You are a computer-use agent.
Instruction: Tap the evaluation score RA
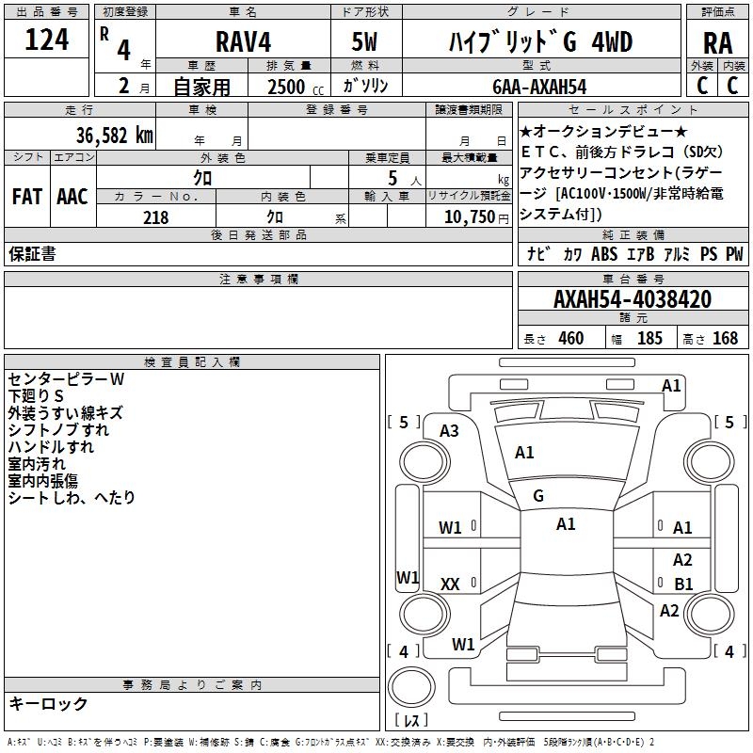click(717, 43)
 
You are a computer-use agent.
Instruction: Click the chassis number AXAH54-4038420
click(632, 299)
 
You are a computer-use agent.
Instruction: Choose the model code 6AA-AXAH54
click(538, 87)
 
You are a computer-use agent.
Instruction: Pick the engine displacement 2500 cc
click(286, 87)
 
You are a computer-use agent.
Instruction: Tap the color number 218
click(155, 217)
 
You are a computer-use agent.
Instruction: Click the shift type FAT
click(26, 197)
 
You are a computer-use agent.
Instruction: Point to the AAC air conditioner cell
click(72, 197)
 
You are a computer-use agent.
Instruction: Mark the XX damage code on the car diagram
click(450, 585)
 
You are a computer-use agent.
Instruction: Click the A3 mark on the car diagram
click(449, 431)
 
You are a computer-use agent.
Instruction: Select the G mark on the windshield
click(537, 496)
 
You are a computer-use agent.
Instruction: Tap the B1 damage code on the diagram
click(683, 584)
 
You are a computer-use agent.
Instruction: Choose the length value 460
click(570, 339)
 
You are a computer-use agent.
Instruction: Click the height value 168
click(725, 339)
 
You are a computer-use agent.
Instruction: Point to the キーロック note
click(48, 703)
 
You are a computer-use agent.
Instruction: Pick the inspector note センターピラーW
click(66, 379)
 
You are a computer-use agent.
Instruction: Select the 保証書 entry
click(32, 253)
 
